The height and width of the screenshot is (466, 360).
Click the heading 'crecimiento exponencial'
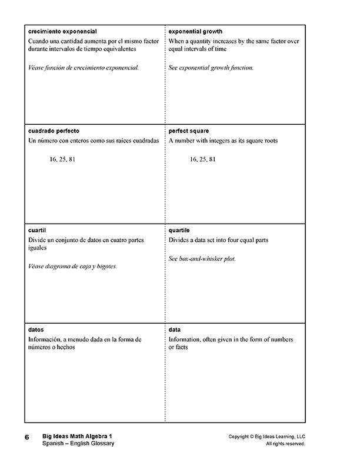(x=62, y=31)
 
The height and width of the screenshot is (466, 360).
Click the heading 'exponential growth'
(x=195, y=31)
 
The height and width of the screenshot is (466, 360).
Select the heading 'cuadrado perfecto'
(x=54, y=131)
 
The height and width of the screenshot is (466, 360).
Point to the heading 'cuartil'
(x=36, y=231)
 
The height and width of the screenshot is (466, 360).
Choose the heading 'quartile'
(x=179, y=231)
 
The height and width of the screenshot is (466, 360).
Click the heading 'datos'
(x=36, y=330)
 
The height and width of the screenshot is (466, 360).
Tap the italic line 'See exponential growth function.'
(x=211, y=68)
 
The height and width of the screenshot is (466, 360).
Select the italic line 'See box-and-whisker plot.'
(x=202, y=258)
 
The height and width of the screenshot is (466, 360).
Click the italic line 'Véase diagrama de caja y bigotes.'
(x=73, y=267)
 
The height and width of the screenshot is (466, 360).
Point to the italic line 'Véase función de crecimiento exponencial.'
(x=84, y=68)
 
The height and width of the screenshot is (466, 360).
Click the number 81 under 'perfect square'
(x=212, y=159)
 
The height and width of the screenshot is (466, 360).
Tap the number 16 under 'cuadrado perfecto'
(x=54, y=159)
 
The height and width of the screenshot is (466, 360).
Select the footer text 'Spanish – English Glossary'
(x=78, y=443)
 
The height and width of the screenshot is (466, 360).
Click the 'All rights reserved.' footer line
(x=285, y=444)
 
